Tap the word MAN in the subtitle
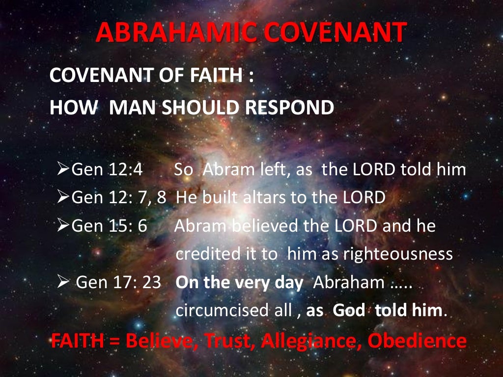tap(131, 108)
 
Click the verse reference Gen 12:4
tap(107, 170)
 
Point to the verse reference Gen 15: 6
tap(110, 226)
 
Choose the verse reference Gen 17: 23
tap(119, 283)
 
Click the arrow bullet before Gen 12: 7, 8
tap(64, 198)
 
